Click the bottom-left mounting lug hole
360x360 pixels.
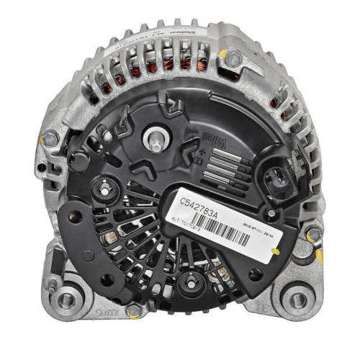tap(66, 300)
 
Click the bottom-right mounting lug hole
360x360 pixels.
tap(297, 296)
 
